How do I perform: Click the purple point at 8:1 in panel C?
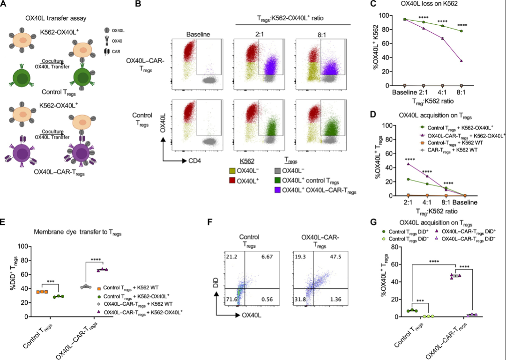(x=461, y=61)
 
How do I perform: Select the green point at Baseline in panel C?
(x=404, y=19)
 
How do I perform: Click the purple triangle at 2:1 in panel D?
(x=409, y=164)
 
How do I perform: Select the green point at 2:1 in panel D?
(x=409, y=179)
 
